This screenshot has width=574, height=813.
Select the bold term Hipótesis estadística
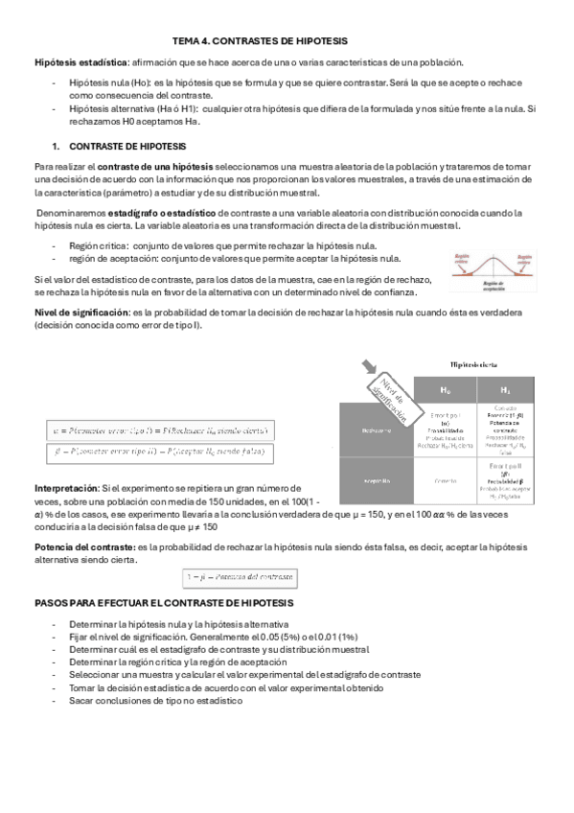[73, 61]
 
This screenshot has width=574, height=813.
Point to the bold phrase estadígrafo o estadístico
[162, 213]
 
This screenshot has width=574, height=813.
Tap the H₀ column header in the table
[447, 390]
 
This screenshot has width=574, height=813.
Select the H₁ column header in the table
[506, 390]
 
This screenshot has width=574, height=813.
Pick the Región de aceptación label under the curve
[492, 286]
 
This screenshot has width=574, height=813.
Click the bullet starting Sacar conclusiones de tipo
[156, 701]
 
